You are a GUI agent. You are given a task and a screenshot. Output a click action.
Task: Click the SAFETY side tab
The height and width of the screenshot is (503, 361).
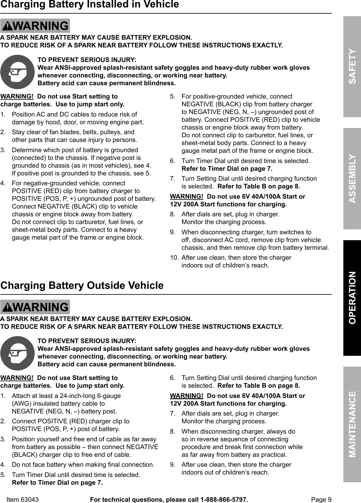point(352,67)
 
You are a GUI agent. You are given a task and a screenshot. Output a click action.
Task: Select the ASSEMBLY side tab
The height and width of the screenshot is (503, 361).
point(352,179)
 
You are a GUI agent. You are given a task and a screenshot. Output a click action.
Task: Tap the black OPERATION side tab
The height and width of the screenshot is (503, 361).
point(352,298)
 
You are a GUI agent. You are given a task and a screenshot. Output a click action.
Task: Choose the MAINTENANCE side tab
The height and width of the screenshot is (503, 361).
point(352,424)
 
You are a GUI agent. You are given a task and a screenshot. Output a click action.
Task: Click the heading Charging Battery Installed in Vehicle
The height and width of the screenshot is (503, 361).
point(90,5)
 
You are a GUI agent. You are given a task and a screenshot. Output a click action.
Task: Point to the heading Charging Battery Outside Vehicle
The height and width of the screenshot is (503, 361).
point(82,285)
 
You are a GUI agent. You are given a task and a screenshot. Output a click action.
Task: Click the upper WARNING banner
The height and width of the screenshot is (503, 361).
point(35,26)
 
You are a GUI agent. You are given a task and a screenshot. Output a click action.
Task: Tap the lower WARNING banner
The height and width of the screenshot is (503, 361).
point(35,307)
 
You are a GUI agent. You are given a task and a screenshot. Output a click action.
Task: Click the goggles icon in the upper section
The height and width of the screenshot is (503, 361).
point(18,72)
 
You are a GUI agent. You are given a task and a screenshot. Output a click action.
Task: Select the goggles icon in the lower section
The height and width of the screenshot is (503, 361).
point(18,353)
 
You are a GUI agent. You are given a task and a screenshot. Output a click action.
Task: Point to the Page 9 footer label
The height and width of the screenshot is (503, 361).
point(321,500)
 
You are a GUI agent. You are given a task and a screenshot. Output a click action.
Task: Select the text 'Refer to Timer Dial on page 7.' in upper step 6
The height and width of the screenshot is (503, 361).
point(227,169)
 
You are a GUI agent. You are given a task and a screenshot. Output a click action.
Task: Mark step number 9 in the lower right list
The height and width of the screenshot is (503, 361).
point(172,465)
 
